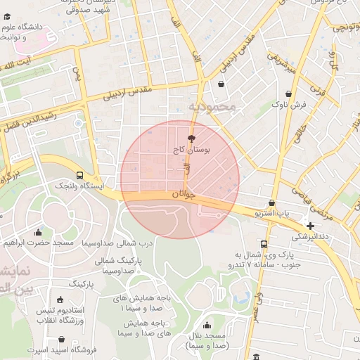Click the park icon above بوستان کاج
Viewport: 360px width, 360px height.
pyautogui.click(x=191, y=139)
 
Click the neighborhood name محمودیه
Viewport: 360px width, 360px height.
pyautogui.click(x=214, y=107)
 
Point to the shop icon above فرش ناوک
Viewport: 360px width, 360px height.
pyautogui.click(x=289, y=94)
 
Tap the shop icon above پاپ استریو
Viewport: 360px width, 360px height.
pyautogui.click(x=272, y=203)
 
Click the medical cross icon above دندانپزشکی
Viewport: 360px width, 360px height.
pyautogui.click(x=310, y=226)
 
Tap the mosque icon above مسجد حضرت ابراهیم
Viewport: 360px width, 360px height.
pyautogui.click(x=38, y=232)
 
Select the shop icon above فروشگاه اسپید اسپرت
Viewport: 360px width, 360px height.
pyautogui.click(x=62, y=339)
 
